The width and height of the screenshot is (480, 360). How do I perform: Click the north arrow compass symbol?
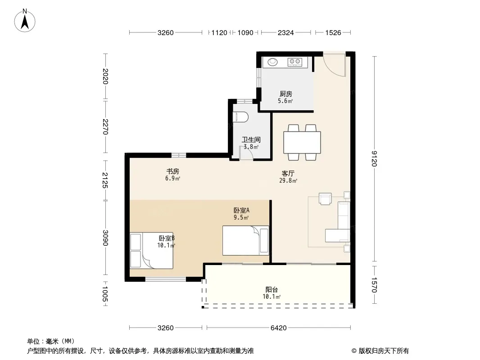click(25, 21)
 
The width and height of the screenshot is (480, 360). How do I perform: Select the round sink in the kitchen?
click(272, 62)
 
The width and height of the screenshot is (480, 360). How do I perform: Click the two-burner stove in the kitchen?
click(295, 62)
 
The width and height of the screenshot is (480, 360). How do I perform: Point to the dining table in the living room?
click(302, 143)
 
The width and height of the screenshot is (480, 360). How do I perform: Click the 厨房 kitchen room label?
click(285, 94)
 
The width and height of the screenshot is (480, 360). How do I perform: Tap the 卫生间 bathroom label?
click(251, 140)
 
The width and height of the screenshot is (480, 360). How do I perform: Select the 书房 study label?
click(172, 171)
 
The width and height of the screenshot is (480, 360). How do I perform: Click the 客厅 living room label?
click(288, 173)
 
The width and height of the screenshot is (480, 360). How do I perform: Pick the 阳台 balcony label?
click(272, 290)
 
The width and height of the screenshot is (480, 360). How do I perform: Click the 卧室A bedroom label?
click(241, 211)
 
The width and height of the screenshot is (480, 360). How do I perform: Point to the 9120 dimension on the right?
click(374, 159)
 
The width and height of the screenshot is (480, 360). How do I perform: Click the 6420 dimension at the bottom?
click(279, 328)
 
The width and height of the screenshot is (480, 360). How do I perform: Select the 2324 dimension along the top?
click(285, 33)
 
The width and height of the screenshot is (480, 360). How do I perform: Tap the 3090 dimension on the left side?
click(105, 238)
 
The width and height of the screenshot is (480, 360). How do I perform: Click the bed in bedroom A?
click(245, 240)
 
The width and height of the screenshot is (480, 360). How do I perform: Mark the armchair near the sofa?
click(325, 198)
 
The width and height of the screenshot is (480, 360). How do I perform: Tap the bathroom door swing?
click(246, 152)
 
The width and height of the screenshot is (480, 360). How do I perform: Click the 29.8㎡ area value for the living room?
click(288, 181)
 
